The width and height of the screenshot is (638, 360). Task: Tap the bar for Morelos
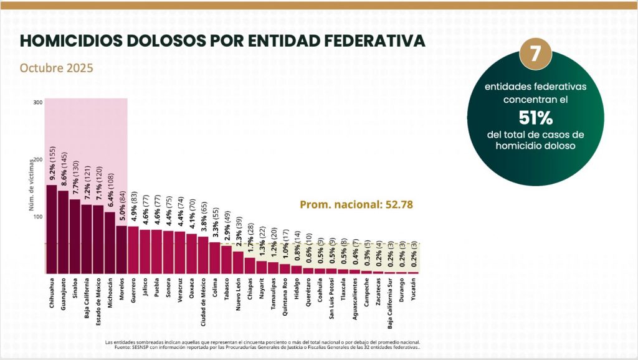121,250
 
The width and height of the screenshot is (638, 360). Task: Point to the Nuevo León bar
238,262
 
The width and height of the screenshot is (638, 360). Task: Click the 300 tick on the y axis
38,102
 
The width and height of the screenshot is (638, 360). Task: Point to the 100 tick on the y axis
38,217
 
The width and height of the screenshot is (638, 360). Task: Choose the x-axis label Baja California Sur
390,306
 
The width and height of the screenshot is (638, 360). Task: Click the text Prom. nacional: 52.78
356,204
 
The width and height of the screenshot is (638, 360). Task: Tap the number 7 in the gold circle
535,54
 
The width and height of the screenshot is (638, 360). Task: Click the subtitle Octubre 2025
57,67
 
